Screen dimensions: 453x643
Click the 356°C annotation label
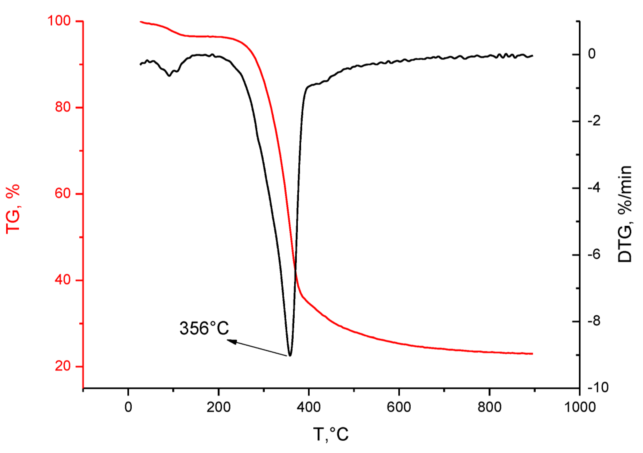(x=204, y=328)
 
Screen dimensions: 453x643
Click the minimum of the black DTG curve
(x=290, y=355)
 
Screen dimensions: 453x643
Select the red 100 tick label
(x=59, y=21)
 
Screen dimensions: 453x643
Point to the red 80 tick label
(x=63, y=107)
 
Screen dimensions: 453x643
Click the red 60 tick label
(x=63, y=193)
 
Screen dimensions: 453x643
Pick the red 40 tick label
(x=63, y=280)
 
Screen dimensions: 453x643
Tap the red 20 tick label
(x=63, y=366)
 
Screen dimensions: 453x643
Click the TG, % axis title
(x=13, y=209)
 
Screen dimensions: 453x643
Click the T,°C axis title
(x=330, y=434)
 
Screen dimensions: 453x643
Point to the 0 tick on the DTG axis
(x=592, y=54)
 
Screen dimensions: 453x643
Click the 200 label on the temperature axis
(x=219, y=407)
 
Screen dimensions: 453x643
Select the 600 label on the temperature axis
(x=399, y=407)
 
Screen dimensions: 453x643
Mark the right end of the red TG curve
(x=532, y=354)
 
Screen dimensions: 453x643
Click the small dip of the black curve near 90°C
(x=169, y=75)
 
